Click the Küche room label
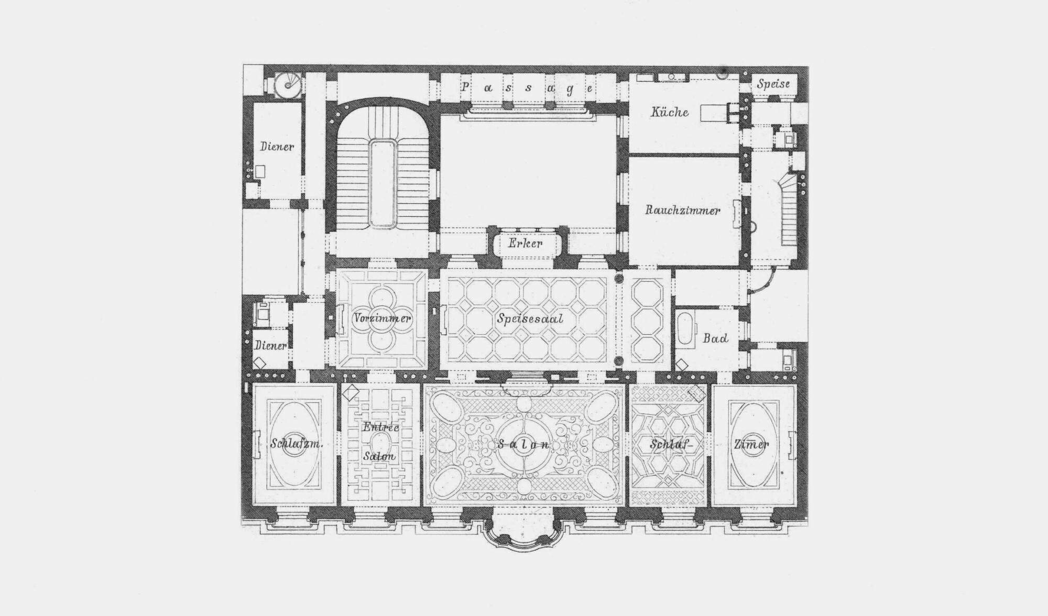[670, 112]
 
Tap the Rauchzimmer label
[682, 211]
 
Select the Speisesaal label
[530, 318]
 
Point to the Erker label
[525, 243]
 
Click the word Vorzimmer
[381, 318]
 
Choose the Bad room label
[715, 338]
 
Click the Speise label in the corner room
[773, 84]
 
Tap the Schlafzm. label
[296, 444]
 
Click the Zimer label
[751, 444]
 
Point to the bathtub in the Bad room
[685, 328]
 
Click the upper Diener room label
[277, 147]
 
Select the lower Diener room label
[271, 346]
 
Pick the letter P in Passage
[465, 87]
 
